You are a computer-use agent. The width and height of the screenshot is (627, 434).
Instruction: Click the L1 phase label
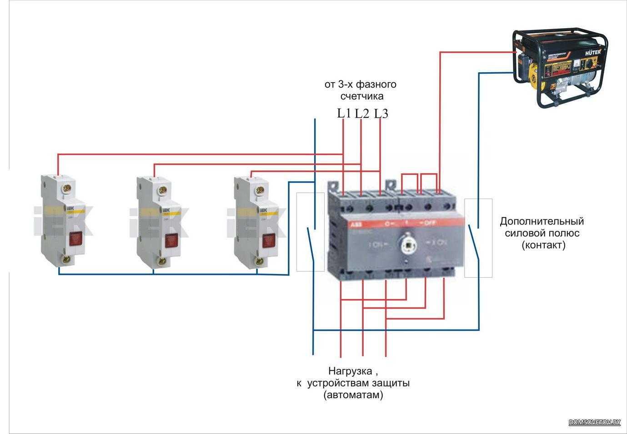[x=344, y=113]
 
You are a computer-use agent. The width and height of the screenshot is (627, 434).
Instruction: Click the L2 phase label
[x=362, y=113]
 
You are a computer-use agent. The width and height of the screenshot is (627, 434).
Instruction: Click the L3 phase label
[x=381, y=114]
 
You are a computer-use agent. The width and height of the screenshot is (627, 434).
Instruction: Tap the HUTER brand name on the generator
[x=592, y=52]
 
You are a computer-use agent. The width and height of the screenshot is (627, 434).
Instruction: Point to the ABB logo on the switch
[x=354, y=224]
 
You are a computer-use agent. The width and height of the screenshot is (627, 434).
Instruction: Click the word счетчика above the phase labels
[x=362, y=96]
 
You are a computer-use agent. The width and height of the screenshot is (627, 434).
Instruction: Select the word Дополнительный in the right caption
[x=542, y=222]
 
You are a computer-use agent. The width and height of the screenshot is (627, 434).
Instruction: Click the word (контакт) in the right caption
[x=543, y=245]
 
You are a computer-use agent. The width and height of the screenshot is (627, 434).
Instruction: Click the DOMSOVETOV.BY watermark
[x=594, y=422]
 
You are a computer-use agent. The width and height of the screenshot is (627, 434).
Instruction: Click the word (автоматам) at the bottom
[x=353, y=395]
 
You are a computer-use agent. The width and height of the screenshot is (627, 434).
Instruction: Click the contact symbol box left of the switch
[x=310, y=232]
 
